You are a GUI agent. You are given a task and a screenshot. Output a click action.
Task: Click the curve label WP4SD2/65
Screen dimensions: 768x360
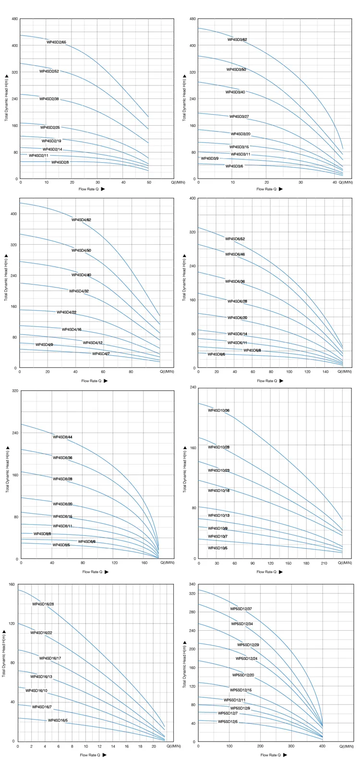point(56,42)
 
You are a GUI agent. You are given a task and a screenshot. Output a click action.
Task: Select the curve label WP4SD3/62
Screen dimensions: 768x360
point(237,39)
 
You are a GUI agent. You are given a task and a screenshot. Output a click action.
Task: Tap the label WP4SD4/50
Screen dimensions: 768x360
point(81,251)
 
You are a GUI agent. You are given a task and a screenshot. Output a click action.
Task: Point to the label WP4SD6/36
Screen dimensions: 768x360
point(235,281)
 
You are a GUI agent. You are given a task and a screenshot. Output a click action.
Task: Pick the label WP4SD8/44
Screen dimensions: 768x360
point(62,437)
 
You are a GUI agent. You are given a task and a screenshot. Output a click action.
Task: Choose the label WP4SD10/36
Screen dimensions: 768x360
point(218,411)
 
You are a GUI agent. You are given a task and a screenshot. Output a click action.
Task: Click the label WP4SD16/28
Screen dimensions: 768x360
point(43,604)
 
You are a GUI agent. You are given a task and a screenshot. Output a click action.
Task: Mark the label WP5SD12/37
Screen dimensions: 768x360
point(241,609)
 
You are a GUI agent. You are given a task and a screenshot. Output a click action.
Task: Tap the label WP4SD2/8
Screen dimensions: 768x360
point(60,162)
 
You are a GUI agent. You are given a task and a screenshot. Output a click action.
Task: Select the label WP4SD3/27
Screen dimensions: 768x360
point(239,117)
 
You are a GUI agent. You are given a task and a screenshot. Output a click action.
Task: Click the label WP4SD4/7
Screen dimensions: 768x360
point(101,354)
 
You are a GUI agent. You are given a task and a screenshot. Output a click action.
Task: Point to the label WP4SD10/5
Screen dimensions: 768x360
point(217,548)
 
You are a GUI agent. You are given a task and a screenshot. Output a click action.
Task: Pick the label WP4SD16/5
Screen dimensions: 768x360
point(58,720)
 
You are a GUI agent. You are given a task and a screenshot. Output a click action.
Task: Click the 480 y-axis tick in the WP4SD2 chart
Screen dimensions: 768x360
point(15,19)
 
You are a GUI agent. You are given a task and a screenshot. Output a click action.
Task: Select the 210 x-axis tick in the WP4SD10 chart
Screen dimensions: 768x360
point(324,563)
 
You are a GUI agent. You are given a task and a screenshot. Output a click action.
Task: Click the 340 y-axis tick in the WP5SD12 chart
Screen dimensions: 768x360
point(192,584)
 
